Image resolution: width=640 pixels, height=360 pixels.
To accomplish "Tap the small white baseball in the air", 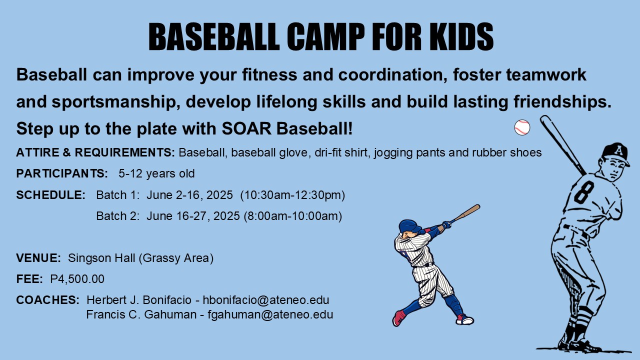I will pos(522,127).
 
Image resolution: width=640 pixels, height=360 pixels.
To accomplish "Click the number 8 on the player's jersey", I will pos(583,191).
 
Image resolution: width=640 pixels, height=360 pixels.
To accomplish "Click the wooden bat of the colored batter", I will pos(465,213).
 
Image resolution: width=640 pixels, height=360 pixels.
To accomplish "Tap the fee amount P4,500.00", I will pos(77,279).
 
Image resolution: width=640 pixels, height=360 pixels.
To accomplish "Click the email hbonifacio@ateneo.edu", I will pos(266,300).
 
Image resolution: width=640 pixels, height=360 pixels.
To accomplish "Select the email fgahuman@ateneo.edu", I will pos(270,315).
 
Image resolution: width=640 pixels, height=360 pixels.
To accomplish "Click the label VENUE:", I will pos(38,258).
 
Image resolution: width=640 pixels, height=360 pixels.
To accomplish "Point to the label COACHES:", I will pos(47,300).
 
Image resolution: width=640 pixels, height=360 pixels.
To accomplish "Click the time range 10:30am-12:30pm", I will pos(293,195).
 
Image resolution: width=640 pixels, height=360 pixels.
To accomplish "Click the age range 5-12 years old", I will pos(156,174).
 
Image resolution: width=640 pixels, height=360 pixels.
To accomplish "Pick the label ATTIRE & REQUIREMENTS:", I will pos(95,152).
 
